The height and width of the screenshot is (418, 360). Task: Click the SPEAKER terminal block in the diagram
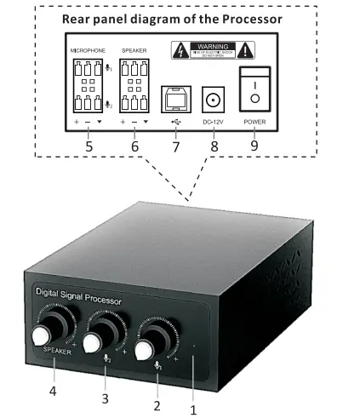click(134, 87)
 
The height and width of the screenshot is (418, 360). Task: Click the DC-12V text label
click(214, 121)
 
